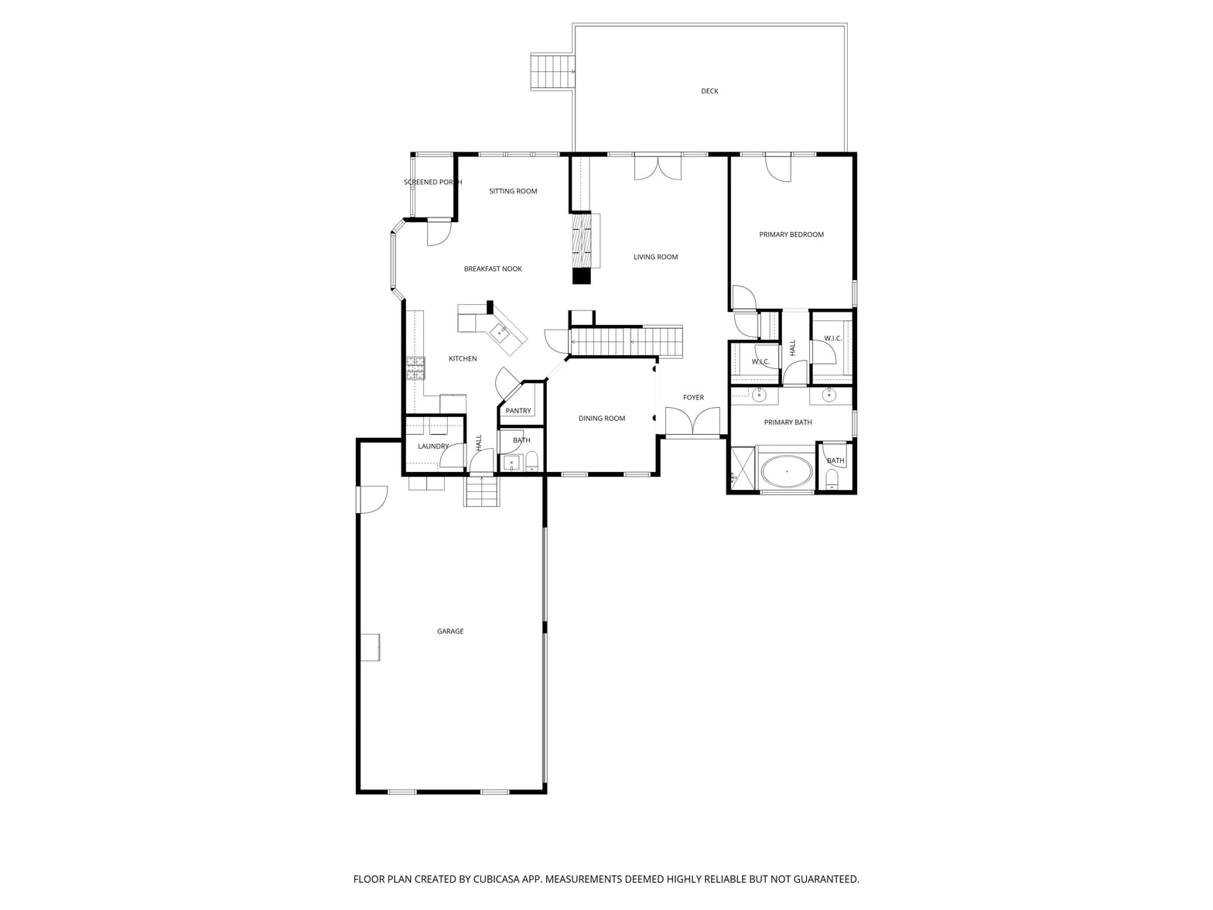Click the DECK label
709,91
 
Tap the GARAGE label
449,631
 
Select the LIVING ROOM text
655,257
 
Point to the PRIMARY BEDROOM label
791,234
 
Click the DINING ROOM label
601,419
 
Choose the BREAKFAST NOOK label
492,269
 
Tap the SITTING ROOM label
513,191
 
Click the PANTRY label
518,411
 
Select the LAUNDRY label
432,446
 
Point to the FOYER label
693,397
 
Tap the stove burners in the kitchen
415,368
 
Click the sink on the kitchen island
500,332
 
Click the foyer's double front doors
692,422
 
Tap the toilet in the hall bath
531,460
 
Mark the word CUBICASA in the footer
496,879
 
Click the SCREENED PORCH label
432,182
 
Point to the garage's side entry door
372,499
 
